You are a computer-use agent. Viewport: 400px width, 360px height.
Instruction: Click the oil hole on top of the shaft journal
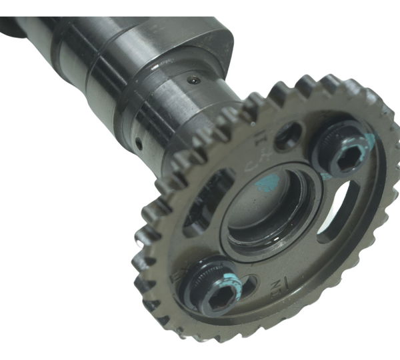click(192, 81)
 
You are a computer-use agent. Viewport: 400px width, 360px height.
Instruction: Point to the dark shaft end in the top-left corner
click(10, 27)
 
